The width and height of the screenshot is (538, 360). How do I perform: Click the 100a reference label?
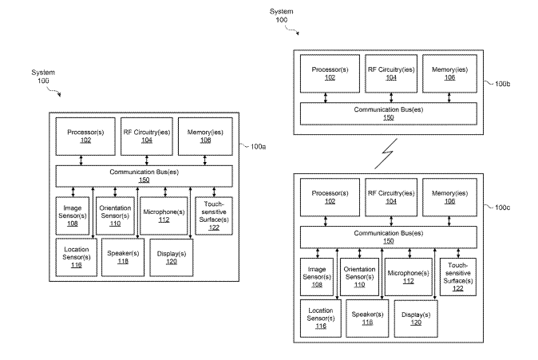click(x=258, y=147)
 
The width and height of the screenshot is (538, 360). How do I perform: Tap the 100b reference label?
click(x=502, y=84)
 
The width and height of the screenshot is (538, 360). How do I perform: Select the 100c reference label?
click(x=502, y=208)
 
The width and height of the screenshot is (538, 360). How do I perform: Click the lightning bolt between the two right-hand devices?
click(x=386, y=153)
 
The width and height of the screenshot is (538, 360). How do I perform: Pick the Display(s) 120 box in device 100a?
click(x=172, y=258)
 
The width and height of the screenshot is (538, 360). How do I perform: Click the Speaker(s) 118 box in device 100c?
click(x=367, y=318)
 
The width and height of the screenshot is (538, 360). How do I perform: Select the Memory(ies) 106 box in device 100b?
click(x=449, y=73)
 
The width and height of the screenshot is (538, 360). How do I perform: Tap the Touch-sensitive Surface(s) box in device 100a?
click(x=214, y=216)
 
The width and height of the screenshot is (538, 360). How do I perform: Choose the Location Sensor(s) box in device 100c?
click(x=320, y=318)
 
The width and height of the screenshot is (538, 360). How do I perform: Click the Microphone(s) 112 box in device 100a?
click(x=164, y=216)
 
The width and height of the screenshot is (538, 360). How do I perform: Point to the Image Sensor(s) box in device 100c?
click(x=317, y=277)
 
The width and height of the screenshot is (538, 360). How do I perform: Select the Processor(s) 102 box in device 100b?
click(x=330, y=73)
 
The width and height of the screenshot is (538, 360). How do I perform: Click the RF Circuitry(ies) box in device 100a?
click(x=147, y=136)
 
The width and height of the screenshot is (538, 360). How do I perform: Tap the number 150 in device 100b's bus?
click(x=389, y=117)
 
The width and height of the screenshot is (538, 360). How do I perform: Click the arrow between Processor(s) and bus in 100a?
click(x=81, y=160)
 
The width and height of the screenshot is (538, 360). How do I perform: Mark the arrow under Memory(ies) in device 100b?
click(x=449, y=97)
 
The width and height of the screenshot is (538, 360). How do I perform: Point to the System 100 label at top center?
click(x=281, y=15)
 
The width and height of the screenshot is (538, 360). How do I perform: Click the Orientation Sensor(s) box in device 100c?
click(x=359, y=277)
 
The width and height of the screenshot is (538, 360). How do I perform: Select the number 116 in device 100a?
click(x=76, y=265)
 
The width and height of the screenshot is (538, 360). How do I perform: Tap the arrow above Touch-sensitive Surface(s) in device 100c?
click(x=458, y=253)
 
